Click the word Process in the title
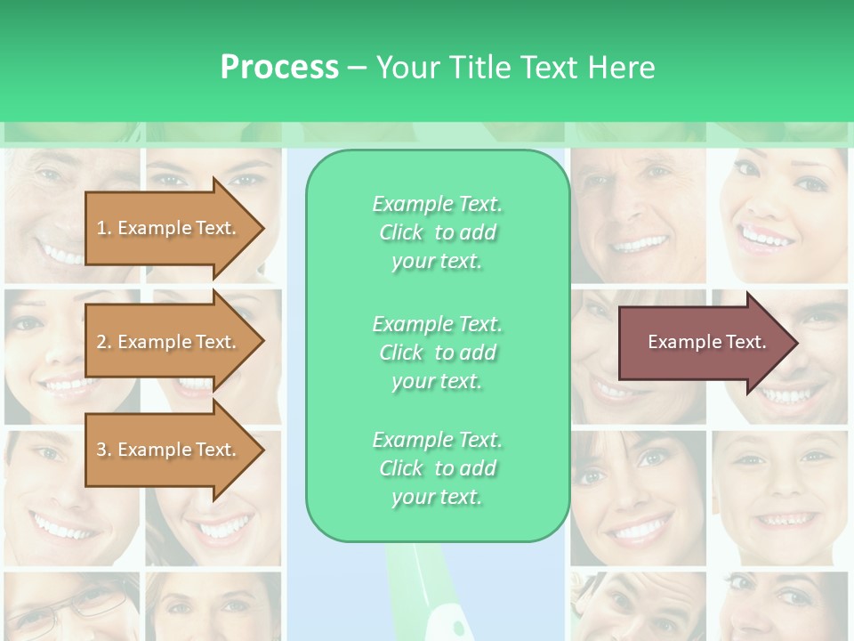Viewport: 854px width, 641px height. point(279,68)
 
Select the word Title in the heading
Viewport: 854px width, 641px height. point(478,68)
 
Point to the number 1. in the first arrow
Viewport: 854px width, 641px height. point(104,228)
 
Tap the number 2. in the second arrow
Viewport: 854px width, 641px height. point(104,342)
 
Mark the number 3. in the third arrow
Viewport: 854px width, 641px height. point(104,450)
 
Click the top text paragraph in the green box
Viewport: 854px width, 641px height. point(437,232)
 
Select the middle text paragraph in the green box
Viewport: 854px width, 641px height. point(437,353)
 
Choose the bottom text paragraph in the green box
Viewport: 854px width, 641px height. point(437,468)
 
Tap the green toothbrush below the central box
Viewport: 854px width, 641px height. point(423,592)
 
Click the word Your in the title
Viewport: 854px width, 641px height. point(406,68)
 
